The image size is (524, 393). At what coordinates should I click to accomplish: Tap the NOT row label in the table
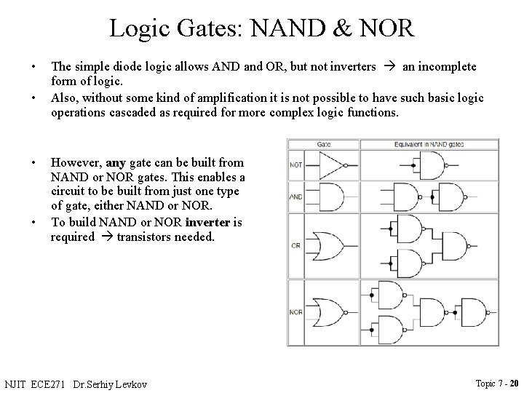[296, 164]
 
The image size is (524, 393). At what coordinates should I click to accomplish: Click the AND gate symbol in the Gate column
[330, 197]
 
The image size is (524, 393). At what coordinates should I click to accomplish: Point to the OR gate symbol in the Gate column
[329, 245]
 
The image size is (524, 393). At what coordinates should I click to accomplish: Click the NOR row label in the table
[295, 312]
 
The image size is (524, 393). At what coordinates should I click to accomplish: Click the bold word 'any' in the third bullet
[116, 162]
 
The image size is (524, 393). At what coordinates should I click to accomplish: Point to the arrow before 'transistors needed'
[106, 237]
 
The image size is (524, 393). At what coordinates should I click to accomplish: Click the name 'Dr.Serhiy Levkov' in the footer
[120, 384]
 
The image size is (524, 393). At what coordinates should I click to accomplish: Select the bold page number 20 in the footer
[514, 383]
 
